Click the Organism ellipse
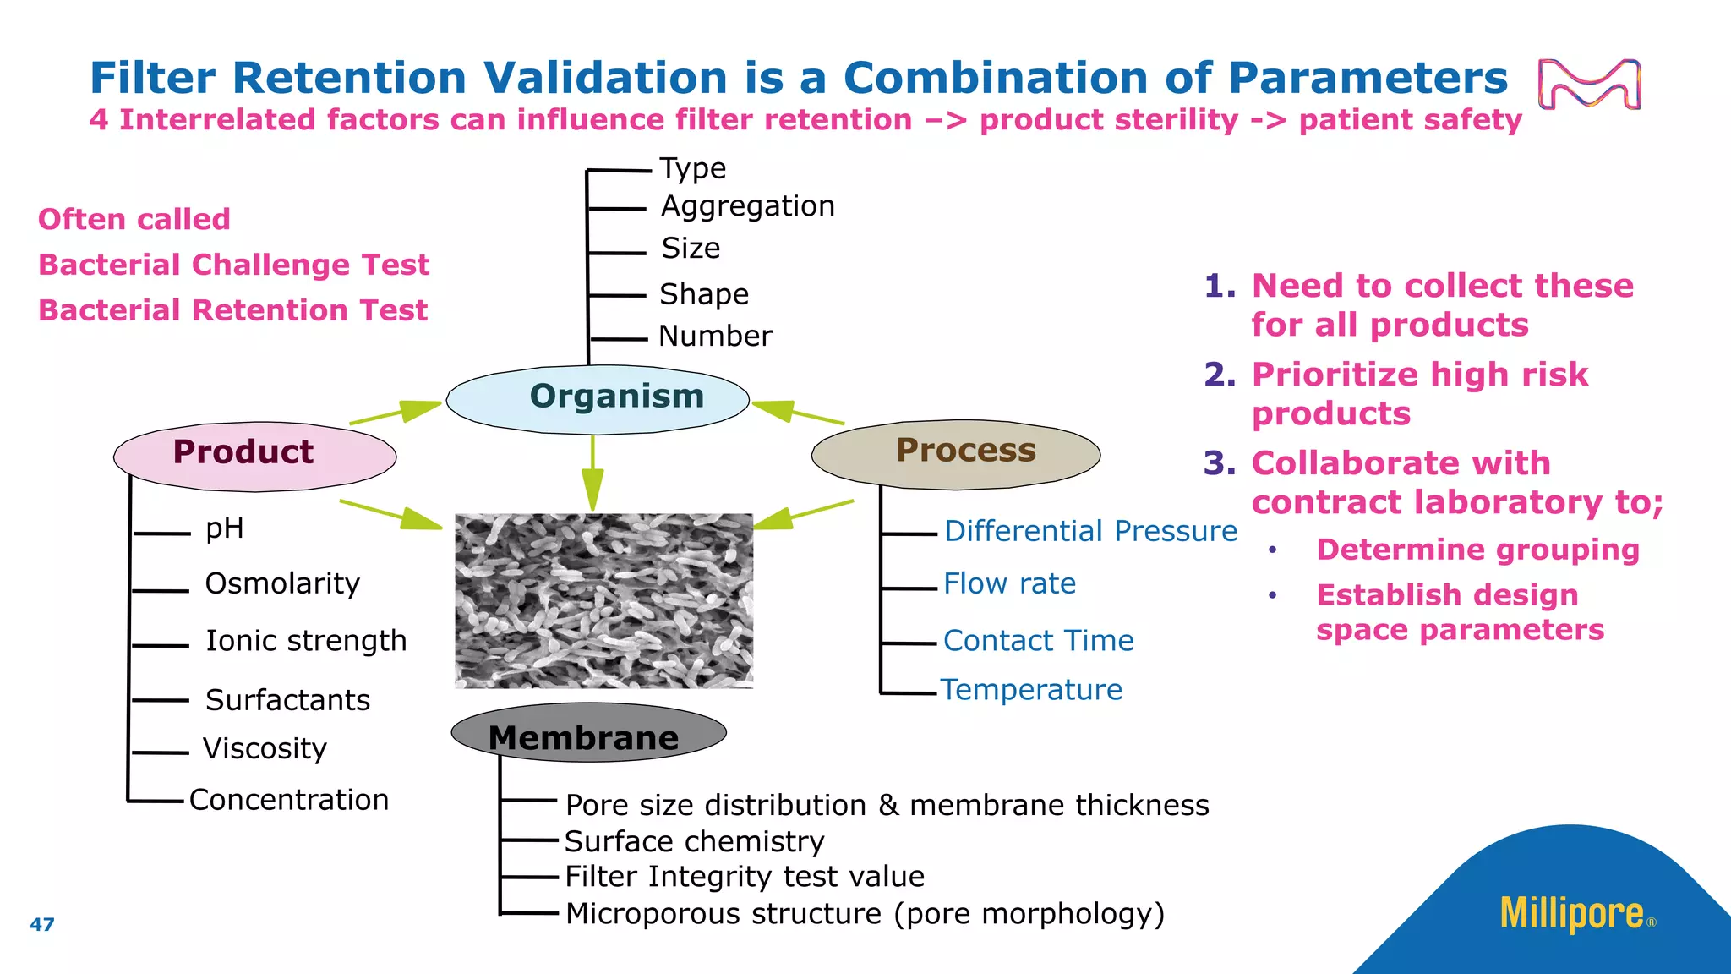(x=598, y=400)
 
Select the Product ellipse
(x=254, y=457)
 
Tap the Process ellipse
(x=955, y=454)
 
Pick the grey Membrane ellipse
(x=588, y=733)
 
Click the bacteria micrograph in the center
(x=603, y=600)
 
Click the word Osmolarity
(x=282, y=583)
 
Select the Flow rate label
(x=1009, y=583)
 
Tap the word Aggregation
(x=747, y=206)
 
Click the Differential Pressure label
(x=1089, y=531)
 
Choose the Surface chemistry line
(x=694, y=841)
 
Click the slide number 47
(x=41, y=924)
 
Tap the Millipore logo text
(x=1571, y=914)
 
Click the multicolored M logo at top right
(x=1589, y=85)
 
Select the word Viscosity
(x=265, y=748)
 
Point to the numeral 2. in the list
(x=1220, y=374)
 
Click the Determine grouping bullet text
(x=1477, y=550)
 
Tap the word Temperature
(x=1031, y=690)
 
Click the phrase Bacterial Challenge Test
(x=234, y=265)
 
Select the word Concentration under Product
(x=288, y=800)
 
